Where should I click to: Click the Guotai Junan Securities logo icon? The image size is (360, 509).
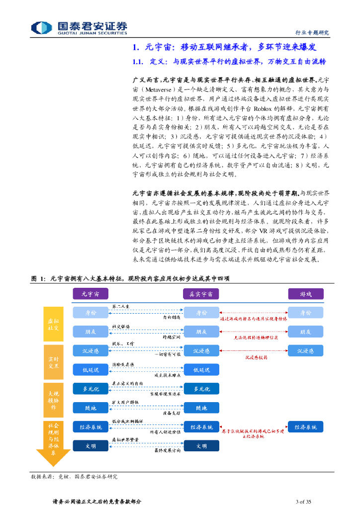point(42,27)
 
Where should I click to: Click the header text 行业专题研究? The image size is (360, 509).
point(316,33)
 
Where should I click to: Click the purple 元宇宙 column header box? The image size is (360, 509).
point(90,294)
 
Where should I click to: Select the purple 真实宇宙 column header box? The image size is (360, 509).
point(201,294)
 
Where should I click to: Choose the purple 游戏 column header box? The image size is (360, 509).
point(306,294)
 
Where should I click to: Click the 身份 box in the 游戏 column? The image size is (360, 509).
point(306,313)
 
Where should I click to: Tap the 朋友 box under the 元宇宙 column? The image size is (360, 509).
point(90,332)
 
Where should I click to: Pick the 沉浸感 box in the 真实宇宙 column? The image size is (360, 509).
point(201,351)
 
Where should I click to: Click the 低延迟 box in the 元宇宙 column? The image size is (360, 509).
point(90,370)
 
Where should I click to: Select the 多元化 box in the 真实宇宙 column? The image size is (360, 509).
point(201,389)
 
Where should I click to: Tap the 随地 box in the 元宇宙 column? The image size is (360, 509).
point(90,408)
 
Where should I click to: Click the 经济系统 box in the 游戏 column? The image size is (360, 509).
point(306,427)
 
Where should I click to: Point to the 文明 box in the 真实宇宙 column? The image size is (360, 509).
point(201,446)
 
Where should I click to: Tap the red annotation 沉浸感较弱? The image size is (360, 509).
point(256,357)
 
